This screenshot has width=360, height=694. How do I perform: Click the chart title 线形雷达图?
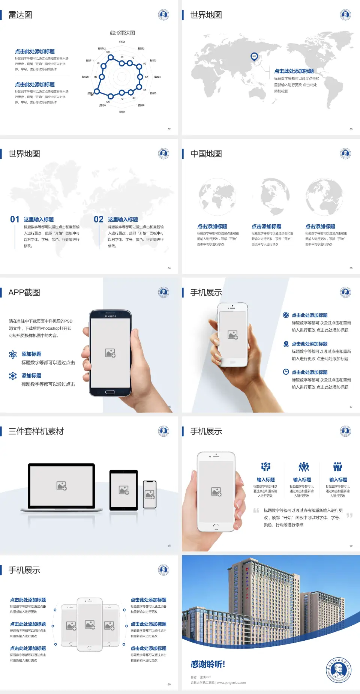[122, 33]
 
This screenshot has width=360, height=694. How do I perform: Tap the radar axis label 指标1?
[122, 42]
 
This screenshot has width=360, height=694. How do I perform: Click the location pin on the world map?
[254, 56]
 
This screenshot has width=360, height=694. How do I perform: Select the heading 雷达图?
[20, 15]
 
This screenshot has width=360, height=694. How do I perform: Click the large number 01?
[15, 219]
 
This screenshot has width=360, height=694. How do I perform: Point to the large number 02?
[99, 219]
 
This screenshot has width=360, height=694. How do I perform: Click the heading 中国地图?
[206, 154]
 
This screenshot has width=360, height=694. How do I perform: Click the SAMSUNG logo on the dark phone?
[110, 316]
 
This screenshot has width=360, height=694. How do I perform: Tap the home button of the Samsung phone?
[110, 392]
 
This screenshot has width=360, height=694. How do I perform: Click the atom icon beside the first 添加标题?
[13, 355]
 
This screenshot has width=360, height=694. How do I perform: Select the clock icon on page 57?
[286, 372]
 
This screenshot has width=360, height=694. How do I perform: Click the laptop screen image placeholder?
[61, 486]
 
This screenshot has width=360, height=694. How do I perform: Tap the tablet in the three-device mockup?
[124, 490]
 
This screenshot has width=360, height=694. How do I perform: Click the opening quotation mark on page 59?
[256, 510]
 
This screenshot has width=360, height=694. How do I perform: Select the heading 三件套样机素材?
[36, 431]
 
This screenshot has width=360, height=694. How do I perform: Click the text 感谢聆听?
[208, 664]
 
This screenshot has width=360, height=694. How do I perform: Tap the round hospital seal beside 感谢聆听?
[338, 670]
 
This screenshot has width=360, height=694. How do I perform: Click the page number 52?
[169, 129]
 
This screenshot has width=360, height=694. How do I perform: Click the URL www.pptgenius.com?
[231, 683]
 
